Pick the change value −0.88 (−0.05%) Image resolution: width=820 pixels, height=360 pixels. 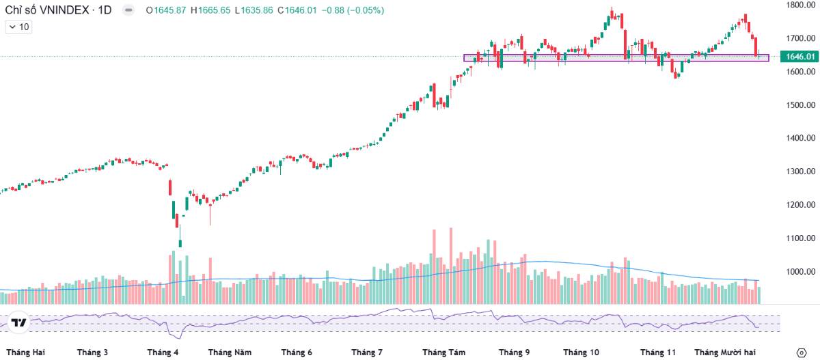tap(353, 10)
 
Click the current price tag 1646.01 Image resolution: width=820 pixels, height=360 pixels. tap(800, 57)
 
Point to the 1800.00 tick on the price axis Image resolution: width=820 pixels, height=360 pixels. tap(800, 5)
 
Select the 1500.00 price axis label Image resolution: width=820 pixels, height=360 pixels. tap(800, 105)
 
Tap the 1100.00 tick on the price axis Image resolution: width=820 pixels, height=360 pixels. tap(800, 238)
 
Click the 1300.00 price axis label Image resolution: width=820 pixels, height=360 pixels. tap(800, 171)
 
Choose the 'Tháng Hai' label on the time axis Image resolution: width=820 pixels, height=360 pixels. tap(25, 352)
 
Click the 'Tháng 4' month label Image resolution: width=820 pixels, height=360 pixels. tap(163, 352)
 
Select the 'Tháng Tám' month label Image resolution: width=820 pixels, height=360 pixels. tap(443, 352)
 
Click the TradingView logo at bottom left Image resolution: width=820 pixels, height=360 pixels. tap(19, 323)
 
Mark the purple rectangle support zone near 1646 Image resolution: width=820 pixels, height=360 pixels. tap(615, 58)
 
